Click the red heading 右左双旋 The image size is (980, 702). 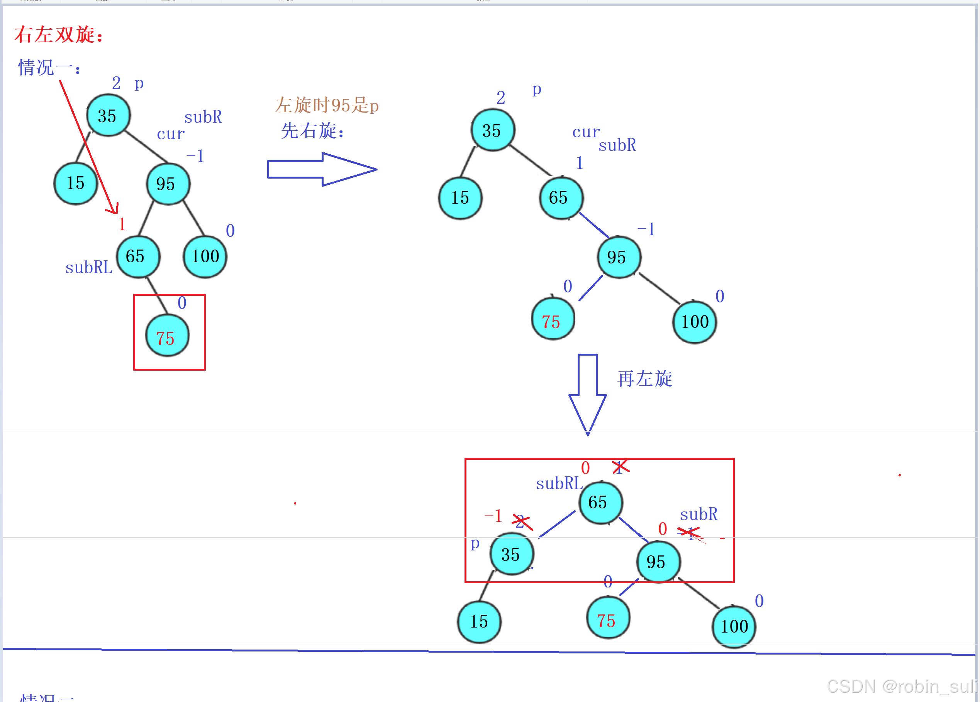click(x=58, y=35)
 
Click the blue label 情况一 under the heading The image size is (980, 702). click(x=48, y=68)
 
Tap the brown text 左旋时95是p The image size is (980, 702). click(x=327, y=105)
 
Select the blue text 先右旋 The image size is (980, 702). click(x=312, y=130)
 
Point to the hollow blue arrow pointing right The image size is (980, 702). click(x=322, y=169)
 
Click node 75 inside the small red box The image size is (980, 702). click(x=167, y=336)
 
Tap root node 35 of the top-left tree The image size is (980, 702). click(x=108, y=116)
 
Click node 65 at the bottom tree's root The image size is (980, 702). click(x=600, y=503)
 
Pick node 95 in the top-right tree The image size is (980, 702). click(x=618, y=257)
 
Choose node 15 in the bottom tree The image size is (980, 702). click(x=479, y=622)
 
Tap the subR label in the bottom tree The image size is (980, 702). click(x=698, y=514)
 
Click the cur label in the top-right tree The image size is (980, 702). click(x=585, y=132)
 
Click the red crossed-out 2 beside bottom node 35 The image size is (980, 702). click(x=522, y=521)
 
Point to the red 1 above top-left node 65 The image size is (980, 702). click(x=122, y=224)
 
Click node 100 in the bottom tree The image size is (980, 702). click(x=733, y=626)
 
